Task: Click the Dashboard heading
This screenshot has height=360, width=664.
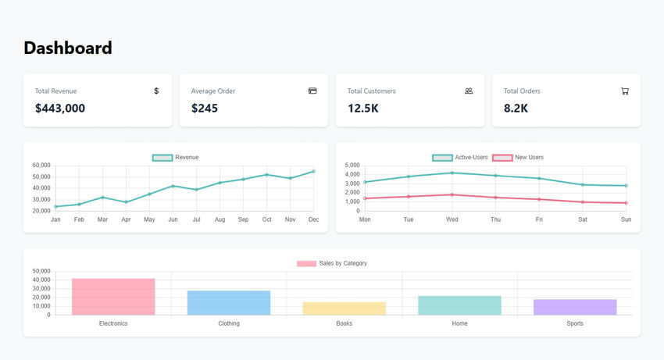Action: pyautogui.click(x=68, y=48)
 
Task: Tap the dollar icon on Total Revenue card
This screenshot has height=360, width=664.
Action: pyautogui.click(x=156, y=91)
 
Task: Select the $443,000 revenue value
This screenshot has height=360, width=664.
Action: pyautogui.click(x=60, y=109)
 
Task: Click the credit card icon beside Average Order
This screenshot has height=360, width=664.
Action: pyautogui.click(x=312, y=91)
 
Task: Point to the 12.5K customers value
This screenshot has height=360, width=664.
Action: pyautogui.click(x=363, y=109)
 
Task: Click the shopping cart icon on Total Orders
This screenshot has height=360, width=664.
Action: pyautogui.click(x=625, y=91)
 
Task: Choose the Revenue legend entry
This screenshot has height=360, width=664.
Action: pyautogui.click(x=176, y=158)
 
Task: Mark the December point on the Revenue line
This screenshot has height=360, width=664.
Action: pyautogui.click(x=314, y=171)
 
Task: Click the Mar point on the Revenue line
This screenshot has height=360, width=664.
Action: pyautogui.click(x=102, y=198)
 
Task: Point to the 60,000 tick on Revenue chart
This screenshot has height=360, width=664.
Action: pyautogui.click(x=40, y=166)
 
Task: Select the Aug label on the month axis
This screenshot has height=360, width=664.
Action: pyautogui.click(x=220, y=219)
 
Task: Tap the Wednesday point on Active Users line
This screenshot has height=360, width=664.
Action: pyautogui.click(x=452, y=173)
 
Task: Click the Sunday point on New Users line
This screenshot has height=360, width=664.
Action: pyautogui.click(x=627, y=203)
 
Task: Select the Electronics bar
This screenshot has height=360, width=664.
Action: pyautogui.click(x=113, y=297)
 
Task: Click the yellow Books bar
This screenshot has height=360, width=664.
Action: pyautogui.click(x=344, y=308)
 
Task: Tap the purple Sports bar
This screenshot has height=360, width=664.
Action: pyautogui.click(x=575, y=307)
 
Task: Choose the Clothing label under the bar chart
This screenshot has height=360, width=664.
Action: pyautogui.click(x=229, y=323)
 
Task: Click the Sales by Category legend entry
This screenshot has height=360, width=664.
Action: pyautogui.click(x=332, y=264)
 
